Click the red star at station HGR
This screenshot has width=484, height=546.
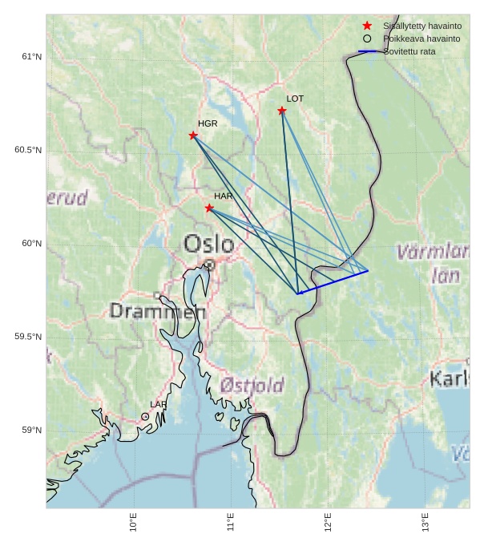click(193, 135)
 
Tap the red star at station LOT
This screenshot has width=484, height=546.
click(282, 111)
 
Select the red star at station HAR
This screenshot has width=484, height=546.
click(209, 208)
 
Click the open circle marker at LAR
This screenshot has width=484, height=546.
click(145, 417)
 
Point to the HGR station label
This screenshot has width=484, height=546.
click(208, 124)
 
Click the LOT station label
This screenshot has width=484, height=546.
click(295, 99)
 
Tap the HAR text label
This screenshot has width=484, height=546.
click(223, 196)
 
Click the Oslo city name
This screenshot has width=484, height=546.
click(208, 244)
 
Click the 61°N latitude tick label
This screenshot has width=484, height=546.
click(32, 57)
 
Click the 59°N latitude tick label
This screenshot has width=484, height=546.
click(32, 431)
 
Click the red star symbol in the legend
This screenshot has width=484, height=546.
click(367, 26)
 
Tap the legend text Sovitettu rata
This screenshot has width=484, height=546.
click(409, 51)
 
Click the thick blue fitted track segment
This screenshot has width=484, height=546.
click(333, 282)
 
